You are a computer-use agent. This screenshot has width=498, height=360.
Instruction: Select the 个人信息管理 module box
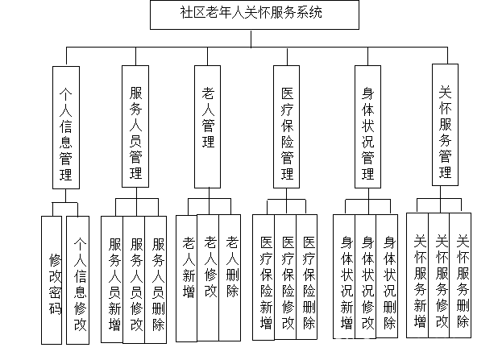[66, 126]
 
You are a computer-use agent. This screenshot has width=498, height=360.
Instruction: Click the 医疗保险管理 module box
[287, 126]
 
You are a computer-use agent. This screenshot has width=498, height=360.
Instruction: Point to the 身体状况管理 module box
[367, 126]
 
